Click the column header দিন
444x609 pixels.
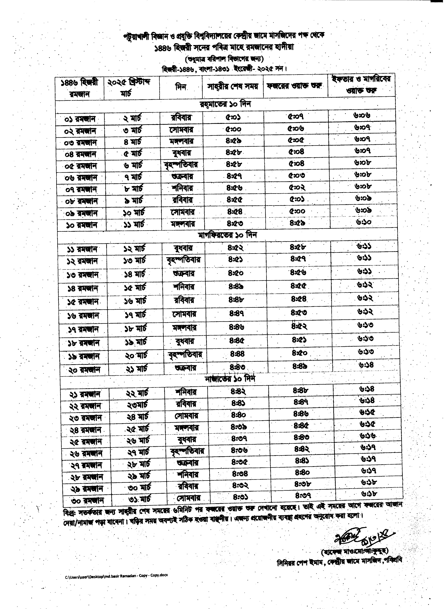[181, 87]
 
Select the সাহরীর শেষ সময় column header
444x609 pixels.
[233, 86]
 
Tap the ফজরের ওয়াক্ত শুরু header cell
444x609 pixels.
[295, 86]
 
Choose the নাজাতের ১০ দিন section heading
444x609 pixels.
[230, 379]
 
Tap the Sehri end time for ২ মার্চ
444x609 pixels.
[233, 117]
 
